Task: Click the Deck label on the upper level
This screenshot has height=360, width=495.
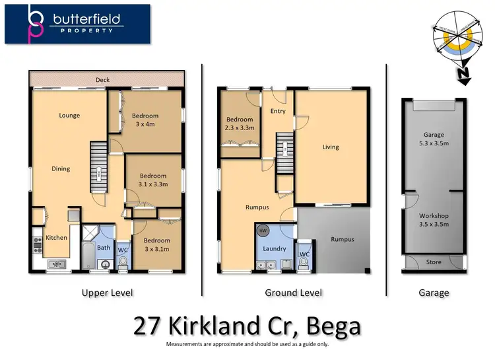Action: click(x=102, y=80)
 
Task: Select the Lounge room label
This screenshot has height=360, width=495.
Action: click(x=69, y=116)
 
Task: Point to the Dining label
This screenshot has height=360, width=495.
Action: click(x=61, y=169)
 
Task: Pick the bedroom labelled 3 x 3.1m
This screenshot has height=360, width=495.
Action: click(x=156, y=244)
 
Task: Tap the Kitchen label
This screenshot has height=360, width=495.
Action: click(x=56, y=237)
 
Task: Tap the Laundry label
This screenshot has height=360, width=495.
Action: click(x=275, y=249)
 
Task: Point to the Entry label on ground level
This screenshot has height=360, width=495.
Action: click(x=278, y=112)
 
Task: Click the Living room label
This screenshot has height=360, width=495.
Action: click(x=331, y=147)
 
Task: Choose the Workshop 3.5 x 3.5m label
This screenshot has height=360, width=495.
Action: click(x=434, y=220)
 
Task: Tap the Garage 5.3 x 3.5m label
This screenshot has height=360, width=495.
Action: click(x=434, y=139)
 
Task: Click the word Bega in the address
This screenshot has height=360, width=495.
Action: click(x=329, y=326)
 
